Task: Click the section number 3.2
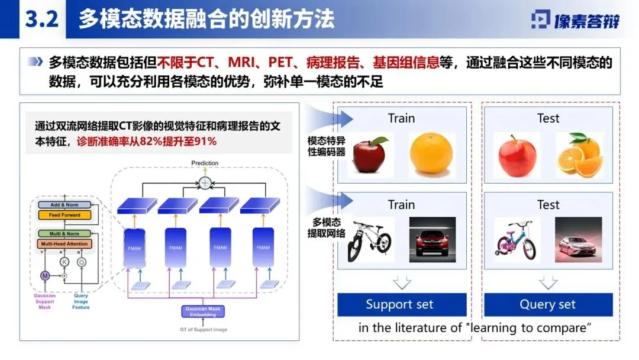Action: (41, 19)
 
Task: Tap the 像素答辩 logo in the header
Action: (575, 20)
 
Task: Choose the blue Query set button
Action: (547, 305)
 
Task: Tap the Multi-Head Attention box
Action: (65, 244)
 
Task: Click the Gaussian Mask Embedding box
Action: (204, 311)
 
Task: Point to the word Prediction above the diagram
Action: (205, 163)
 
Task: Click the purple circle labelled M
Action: (45, 276)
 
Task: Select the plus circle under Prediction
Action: (205, 182)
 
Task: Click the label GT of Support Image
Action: (204, 329)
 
